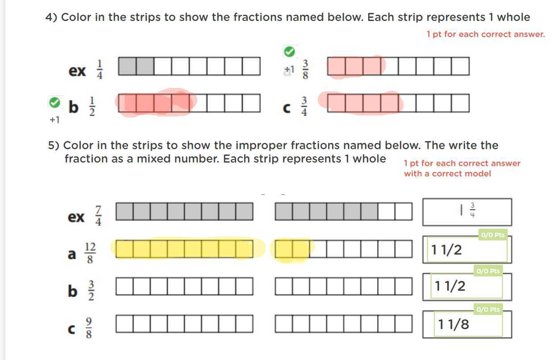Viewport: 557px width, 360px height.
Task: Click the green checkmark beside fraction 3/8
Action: pos(289,52)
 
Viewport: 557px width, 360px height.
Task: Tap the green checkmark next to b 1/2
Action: pos(54,103)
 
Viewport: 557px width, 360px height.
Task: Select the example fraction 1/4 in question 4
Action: pos(100,70)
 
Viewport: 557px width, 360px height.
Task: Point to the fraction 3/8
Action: pos(306,70)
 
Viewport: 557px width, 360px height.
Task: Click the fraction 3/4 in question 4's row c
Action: pos(304,106)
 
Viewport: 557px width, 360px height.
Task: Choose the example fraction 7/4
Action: pos(99,216)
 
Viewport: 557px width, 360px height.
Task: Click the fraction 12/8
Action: pos(90,254)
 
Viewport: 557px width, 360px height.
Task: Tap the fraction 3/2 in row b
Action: pos(91,291)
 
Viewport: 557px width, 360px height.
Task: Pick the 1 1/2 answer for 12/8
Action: pos(446,250)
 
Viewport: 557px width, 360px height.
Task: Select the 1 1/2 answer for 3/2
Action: pos(450,286)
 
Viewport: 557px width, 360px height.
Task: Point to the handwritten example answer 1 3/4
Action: pos(467,210)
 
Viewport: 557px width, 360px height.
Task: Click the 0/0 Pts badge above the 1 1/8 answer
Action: pos(488,309)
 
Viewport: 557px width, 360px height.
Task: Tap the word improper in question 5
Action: pos(261,146)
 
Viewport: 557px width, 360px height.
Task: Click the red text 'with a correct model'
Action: pos(447,174)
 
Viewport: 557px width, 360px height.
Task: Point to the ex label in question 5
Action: pos(76,217)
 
